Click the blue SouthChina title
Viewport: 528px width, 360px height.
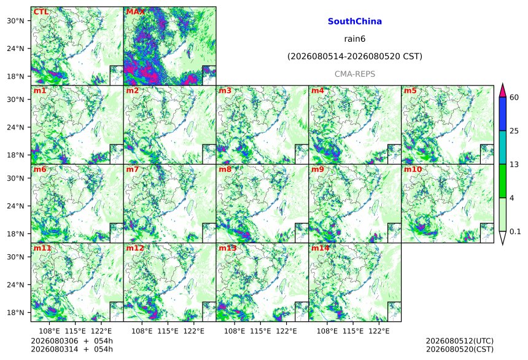355,22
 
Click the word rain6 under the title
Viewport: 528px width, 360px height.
355,39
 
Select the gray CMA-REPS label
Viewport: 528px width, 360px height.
355,74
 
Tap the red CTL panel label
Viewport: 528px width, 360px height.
41,12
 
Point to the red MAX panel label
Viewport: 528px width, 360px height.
135,12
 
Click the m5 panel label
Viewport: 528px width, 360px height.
410,91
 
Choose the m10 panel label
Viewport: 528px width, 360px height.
413,169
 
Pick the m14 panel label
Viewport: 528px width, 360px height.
320,248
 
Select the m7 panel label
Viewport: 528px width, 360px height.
133,169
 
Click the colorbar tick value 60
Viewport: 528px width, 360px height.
514,98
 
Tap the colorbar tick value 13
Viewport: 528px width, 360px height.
514,165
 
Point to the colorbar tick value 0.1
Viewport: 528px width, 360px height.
515,232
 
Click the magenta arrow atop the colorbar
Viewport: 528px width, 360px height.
502,90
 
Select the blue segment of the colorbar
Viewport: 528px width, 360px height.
502,114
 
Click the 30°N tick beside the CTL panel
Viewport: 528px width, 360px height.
15,21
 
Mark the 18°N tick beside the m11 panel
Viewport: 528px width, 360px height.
15,313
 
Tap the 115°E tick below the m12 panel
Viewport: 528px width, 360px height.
168,331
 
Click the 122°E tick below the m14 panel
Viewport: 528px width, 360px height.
379,331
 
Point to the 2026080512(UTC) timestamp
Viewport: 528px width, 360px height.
460,341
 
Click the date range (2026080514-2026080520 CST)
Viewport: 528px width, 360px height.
355,57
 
